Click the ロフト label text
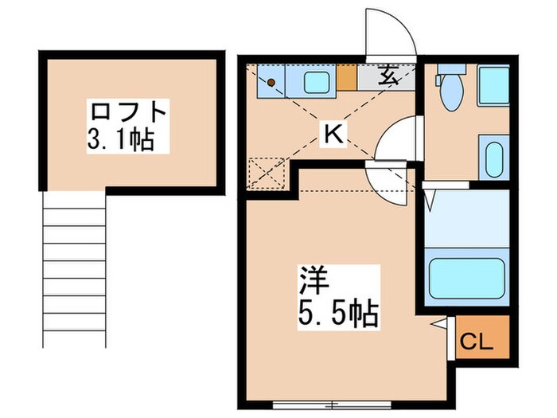[x=129, y=111]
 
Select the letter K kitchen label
[x=332, y=135]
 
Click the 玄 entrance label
[x=387, y=76]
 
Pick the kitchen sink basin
[x=317, y=79]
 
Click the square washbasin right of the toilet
[x=493, y=86]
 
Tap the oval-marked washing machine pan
[x=493, y=158]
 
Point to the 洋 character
[x=312, y=280]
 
